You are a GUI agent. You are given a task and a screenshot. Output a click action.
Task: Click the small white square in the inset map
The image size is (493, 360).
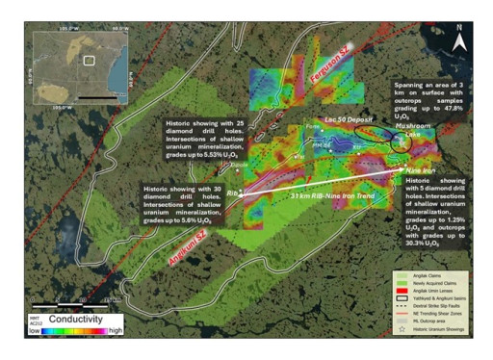pos(88,60)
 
